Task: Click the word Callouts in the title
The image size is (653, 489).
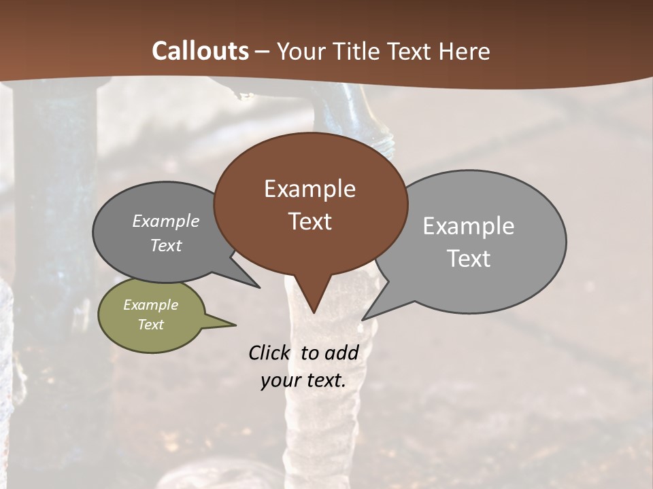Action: pyautogui.click(x=200, y=51)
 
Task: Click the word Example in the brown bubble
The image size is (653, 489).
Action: pyautogui.click(x=309, y=189)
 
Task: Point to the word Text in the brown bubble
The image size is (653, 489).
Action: pyautogui.click(x=309, y=221)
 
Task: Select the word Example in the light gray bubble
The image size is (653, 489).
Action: pyautogui.click(x=468, y=226)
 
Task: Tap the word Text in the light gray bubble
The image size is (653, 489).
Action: pyautogui.click(x=468, y=259)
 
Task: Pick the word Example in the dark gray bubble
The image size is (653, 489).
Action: pyautogui.click(x=165, y=221)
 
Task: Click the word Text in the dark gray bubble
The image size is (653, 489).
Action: pyautogui.click(x=165, y=246)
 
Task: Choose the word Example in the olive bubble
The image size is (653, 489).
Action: pyautogui.click(x=150, y=306)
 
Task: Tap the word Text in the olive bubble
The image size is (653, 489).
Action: pyautogui.click(x=150, y=325)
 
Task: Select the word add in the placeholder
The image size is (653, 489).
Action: pyautogui.click(x=341, y=353)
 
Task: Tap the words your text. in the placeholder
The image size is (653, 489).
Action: pyautogui.click(x=303, y=380)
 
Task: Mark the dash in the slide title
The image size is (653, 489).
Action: pyautogui.click(x=262, y=52)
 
